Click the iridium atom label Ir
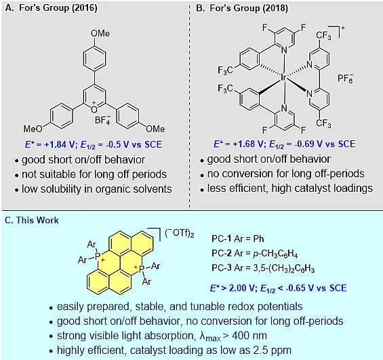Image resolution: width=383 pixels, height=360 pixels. pos(283,77)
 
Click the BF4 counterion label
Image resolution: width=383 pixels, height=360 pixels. pos(103,119)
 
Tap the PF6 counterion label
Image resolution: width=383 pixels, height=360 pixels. pos(345,78)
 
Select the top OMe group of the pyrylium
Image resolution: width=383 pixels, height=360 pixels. pos(100,33)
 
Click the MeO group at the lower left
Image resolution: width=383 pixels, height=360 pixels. pos(33,129)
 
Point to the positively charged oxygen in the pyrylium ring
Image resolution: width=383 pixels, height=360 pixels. pos(94,109)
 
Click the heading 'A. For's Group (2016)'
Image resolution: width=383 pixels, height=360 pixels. pos(51,8)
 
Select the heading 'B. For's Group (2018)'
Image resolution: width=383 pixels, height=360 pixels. pos(242,8)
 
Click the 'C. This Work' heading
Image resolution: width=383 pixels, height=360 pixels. pos(32,220)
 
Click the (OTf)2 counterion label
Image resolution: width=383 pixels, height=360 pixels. pos(180,233)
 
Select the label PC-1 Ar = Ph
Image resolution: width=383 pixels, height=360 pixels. pos(238,239)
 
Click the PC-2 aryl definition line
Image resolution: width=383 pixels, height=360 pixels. pos(255,254)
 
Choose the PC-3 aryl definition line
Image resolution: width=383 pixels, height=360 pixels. pos(263,268)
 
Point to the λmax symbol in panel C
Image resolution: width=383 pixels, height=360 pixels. pos(210,336)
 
